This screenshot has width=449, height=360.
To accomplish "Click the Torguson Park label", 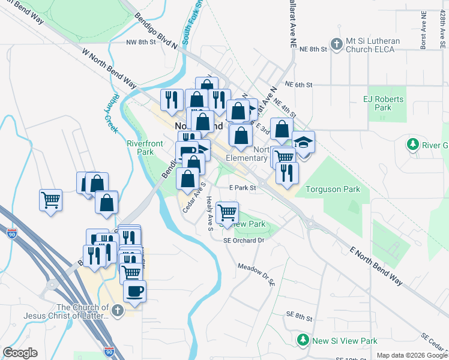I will point(333,189).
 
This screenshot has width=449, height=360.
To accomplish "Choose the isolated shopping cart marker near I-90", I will point(51,200).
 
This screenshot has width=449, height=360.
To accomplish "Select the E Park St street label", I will point(243,188).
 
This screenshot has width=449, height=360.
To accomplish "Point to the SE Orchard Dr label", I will point(244,240).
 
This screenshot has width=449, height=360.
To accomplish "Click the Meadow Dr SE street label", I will point(256,273).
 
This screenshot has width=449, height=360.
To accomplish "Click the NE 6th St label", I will point(299,85).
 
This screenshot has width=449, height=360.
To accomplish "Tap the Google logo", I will point(20,353).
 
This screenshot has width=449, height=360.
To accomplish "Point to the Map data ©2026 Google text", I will point(412,355).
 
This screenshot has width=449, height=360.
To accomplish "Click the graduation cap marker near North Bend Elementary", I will point(303,143).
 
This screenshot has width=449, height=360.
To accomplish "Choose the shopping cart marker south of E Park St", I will point(227,212).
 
